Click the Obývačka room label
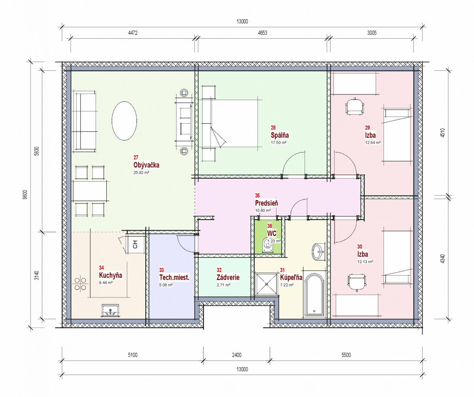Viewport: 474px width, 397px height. tap(146, 165)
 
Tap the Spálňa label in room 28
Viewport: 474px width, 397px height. tap(280, 135)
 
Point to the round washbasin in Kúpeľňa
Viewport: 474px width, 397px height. tap(319, 252)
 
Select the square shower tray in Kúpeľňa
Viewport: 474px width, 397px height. tap(267, 284)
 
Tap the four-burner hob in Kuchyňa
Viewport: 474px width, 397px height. tap(80, 284)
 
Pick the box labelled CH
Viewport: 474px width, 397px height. tap(135, 245)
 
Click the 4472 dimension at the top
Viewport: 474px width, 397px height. tap(133, 33)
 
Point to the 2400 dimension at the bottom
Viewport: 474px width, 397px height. tap(237, 355)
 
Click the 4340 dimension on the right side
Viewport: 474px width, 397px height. tap(443, 258)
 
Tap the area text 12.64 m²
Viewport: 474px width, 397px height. tap(373, 143)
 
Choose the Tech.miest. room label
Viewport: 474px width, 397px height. tap(174, 277)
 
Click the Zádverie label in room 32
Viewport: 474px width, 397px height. tap(228, 277)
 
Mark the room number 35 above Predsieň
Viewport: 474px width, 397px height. tap(258, 196)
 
